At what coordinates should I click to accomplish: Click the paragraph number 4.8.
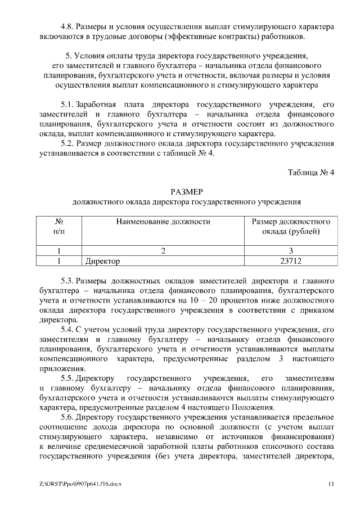[67, 27]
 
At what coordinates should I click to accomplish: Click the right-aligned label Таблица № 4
[311, 172]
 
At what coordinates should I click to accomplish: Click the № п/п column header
[58, 227]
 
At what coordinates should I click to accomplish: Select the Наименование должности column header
[163, 222]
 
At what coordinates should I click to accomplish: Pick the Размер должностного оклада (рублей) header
[291, 227]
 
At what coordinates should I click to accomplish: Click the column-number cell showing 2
[163, 251]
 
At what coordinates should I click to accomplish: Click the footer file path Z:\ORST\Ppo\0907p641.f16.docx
[81, 484]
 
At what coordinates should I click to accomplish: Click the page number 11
[331, 484]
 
